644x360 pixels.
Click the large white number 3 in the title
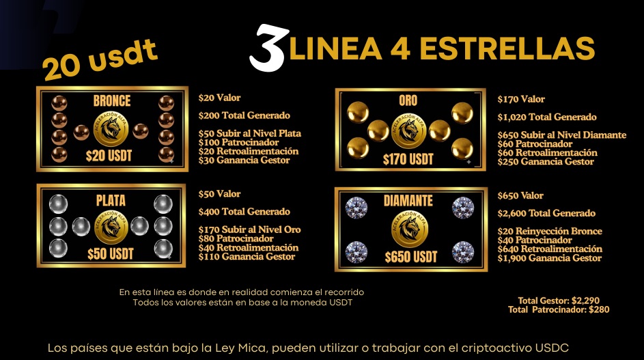267,48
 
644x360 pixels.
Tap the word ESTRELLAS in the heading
507,49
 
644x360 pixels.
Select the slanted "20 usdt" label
100,60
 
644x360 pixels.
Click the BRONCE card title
112,100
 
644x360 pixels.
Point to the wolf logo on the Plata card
111,227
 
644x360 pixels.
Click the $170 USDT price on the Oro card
408,159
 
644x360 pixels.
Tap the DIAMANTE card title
408,201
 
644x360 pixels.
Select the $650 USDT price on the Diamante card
410,258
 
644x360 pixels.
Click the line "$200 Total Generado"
244,115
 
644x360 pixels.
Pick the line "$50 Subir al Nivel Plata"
250,134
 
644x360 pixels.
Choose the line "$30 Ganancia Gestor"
244,161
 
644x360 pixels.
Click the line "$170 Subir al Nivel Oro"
250,230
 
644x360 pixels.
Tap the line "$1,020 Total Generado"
547,117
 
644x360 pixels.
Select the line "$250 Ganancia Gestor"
546,161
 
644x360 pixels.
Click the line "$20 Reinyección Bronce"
550,232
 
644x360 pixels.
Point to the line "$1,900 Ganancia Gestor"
550,258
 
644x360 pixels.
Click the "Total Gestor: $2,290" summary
559,301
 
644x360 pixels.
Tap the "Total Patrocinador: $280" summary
559,309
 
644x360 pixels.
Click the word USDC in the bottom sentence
552,348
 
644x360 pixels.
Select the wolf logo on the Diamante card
410,229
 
